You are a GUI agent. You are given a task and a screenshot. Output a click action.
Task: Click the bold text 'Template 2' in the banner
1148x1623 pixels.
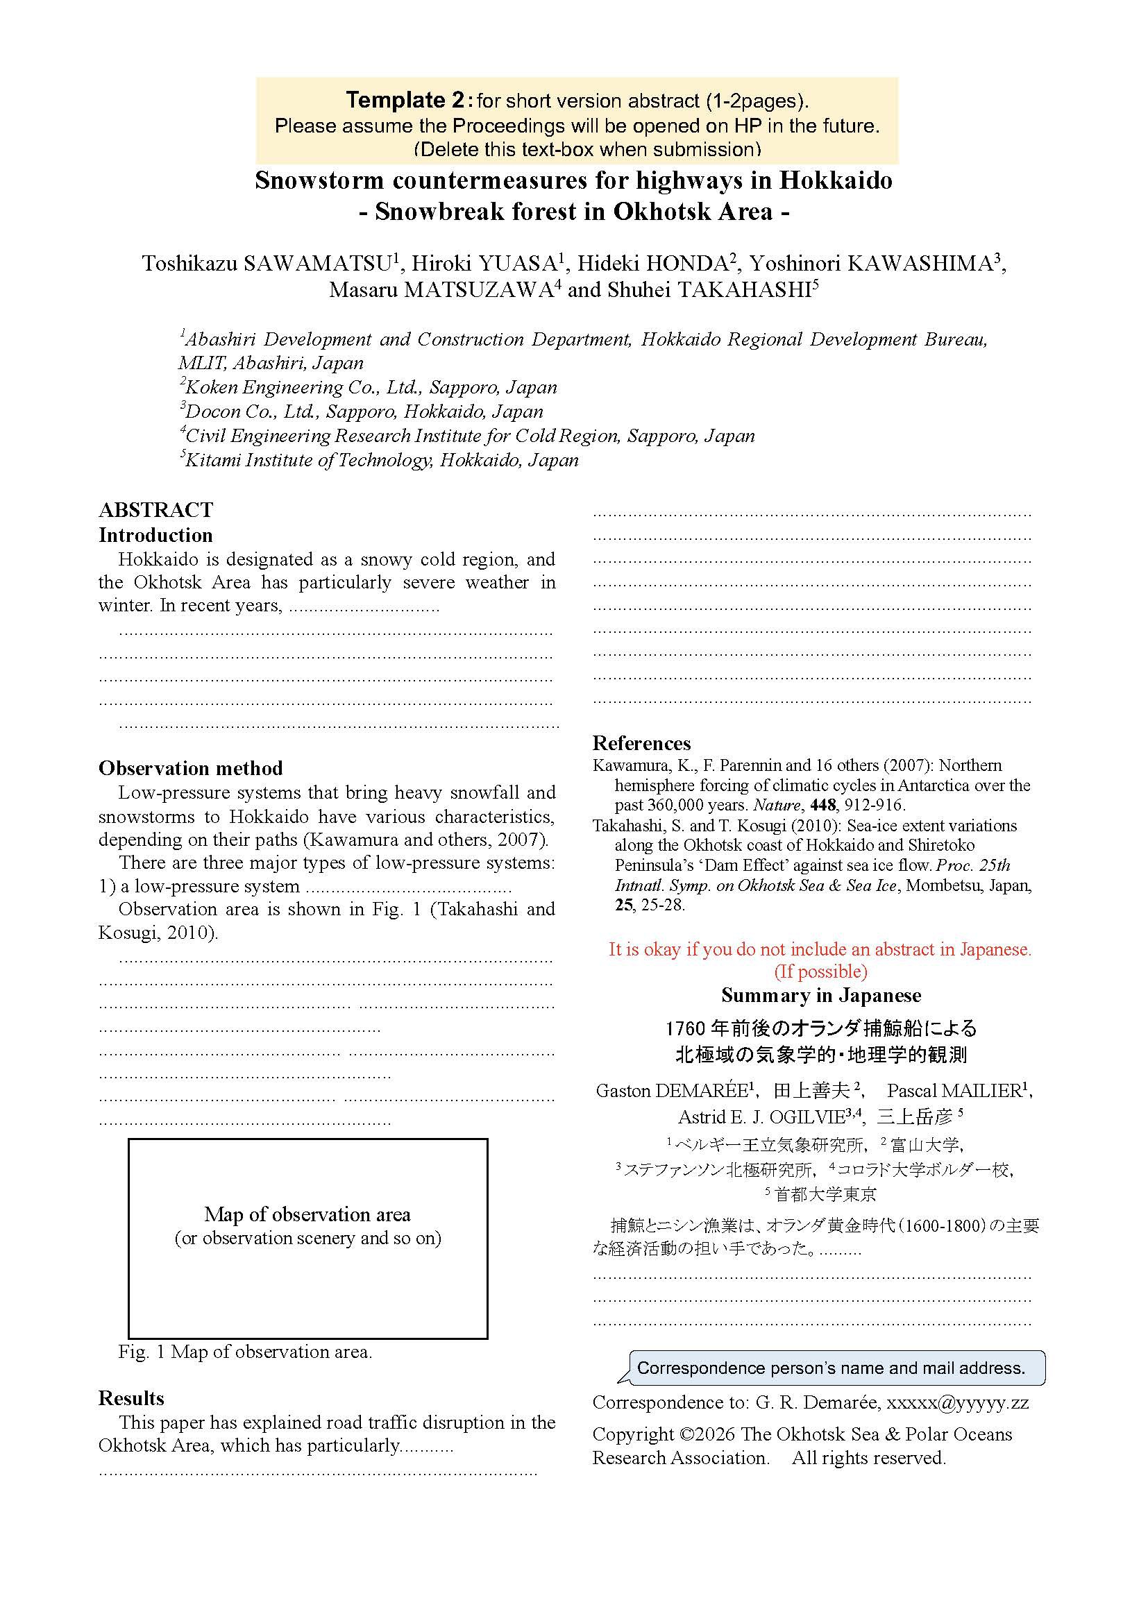[406, 101]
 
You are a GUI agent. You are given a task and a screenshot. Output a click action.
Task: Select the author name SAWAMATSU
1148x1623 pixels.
[316, 264]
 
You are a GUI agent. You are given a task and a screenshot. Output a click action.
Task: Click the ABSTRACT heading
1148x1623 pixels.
[155, 511]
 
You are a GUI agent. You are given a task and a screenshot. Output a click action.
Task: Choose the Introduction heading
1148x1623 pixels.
[155, 535]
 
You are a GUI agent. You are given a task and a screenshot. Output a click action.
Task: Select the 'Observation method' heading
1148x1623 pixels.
[191, 768]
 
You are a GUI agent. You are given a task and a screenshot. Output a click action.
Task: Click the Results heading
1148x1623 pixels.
[130, 1398]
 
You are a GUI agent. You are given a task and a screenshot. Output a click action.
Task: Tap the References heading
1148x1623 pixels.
[641, 743]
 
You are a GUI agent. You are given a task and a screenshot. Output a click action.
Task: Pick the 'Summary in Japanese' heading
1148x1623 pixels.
[820, 995]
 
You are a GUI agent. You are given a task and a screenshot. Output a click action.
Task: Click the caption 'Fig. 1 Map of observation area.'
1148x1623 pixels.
[245, 1352]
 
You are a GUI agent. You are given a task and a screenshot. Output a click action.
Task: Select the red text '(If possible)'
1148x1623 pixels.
[820, 972]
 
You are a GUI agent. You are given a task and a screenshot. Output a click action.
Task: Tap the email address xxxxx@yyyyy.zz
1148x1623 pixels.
[957, 1402]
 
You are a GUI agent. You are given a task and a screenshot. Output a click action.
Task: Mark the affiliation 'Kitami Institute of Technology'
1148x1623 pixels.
[308, 460]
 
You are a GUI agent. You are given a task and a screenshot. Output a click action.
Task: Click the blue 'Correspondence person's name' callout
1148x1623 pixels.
[831, 1368]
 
